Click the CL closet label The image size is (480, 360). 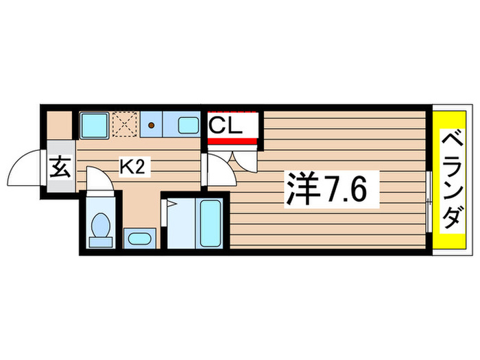coord(226,125)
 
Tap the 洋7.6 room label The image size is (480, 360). coord(326,190)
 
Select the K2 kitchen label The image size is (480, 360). coord(132,167)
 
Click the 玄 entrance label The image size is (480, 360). coord(60,167)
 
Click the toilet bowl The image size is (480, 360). coord(101,225)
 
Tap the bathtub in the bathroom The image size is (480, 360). coord(211,223)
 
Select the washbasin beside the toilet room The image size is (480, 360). coord(140,239)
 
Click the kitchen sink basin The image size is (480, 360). coord(189,125)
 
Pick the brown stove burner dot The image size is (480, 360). coord(151,125)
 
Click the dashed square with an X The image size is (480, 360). coord(125,124)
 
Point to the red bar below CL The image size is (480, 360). coord(232,141)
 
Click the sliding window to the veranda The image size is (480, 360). coord(429,202)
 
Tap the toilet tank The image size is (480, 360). coord(101,243)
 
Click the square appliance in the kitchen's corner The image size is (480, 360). coord(95,125)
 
